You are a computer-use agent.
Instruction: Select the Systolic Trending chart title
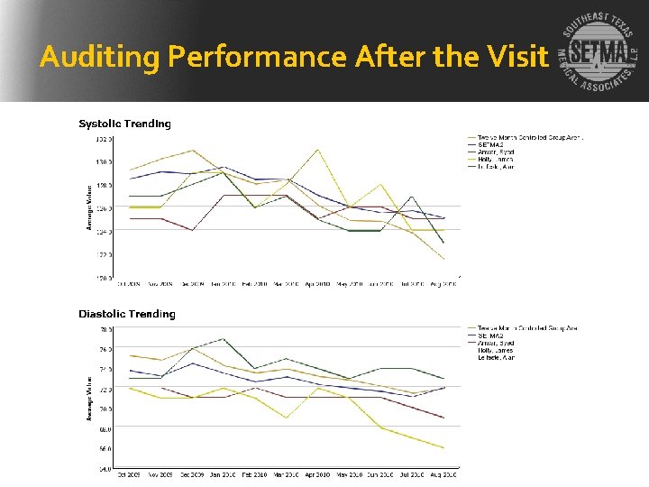coord(124,124)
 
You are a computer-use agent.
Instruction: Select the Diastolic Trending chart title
coord(127,314)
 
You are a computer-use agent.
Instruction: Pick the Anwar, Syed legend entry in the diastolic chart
coord(496,343)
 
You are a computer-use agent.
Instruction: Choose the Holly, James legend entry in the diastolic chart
coord(496,350)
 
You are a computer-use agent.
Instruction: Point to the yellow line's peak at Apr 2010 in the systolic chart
coord(317,150)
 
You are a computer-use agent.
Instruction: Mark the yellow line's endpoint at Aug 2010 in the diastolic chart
coord(443,447)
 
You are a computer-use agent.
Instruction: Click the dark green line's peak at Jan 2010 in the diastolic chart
coord(224,339)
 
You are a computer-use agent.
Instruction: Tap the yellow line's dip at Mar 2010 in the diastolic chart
coord(286,418)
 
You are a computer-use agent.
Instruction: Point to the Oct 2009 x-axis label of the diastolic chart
coord(129,474)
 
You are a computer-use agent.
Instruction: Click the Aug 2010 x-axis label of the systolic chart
coord(443,283)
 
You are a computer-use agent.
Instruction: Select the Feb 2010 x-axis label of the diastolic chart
coord(254,474)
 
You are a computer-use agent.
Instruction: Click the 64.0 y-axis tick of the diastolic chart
coord(105,469)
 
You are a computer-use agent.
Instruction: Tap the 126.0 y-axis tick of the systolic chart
coord(105,208)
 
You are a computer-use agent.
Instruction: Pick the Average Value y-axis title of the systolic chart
coord(89,207)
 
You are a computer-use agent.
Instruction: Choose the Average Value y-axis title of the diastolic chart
coord(89,398)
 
